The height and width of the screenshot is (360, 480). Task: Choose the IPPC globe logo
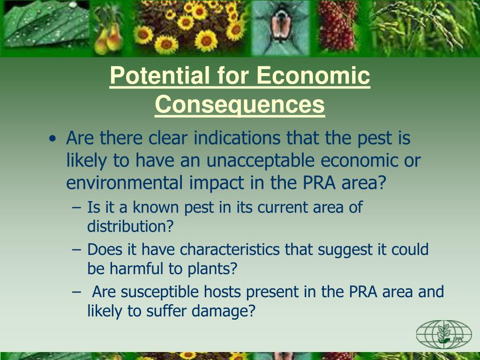point(443,334)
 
